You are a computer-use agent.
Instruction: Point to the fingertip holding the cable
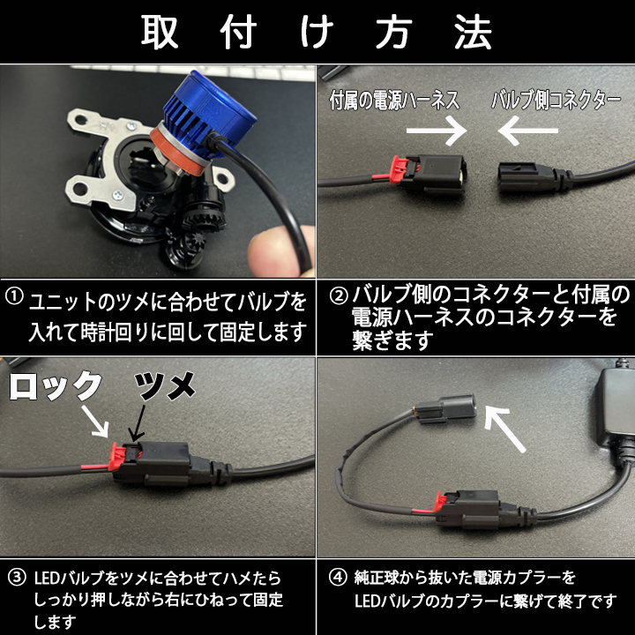280,251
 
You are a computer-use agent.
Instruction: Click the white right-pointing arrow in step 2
437,131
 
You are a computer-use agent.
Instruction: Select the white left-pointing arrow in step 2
528,131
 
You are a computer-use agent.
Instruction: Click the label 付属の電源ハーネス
395,100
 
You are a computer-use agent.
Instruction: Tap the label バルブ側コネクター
556,100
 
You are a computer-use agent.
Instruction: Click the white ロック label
56,385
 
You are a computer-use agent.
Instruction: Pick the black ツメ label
165,385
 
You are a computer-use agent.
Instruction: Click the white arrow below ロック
95,422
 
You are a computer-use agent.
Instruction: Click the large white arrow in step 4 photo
504,429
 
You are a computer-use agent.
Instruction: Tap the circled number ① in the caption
15,296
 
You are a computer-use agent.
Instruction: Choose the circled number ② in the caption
339,295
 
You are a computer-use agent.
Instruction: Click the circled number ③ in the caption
17,578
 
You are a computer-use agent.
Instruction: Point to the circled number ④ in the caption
338,578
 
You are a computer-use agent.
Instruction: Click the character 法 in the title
473,32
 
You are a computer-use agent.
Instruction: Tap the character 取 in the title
160,32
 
